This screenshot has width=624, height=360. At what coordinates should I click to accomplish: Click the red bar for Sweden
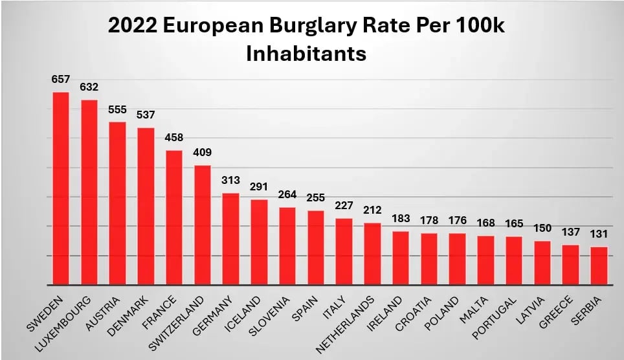coord(61,188)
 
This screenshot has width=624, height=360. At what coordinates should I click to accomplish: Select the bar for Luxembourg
coord(89,192)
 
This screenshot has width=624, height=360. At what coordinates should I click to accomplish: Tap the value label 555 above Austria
coord(117,109)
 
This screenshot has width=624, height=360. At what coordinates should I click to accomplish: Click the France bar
coord(174,218)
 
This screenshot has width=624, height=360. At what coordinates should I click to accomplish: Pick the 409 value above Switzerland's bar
coord(203,153)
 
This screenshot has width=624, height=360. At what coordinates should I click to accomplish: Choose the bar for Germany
coord(230,239)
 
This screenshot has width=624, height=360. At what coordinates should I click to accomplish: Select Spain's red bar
coord(316,247)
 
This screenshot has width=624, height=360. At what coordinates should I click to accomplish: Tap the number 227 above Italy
coord(344,206)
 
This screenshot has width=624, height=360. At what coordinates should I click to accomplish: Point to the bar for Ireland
coord(401,258)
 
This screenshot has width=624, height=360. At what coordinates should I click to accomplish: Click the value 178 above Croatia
coord(429,221)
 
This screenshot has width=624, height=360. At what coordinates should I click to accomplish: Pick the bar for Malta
coord(485,260)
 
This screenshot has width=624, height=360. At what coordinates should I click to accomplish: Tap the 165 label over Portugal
coord(514,224)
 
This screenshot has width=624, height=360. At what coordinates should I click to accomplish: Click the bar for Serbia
coord(599,265)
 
